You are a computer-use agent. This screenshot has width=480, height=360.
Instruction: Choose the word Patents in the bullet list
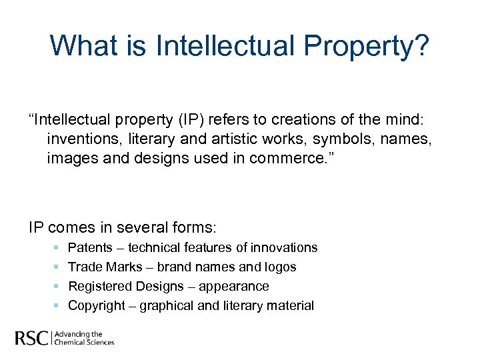(x=90, y=247)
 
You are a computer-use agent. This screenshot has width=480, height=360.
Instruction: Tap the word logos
(x=281, y=267)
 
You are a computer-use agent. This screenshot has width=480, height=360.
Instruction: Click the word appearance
(x=236, y=287)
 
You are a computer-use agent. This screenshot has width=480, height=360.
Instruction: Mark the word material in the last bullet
(x=289, y=305)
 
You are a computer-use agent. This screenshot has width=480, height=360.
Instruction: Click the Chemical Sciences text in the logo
(x=85, y=343)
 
